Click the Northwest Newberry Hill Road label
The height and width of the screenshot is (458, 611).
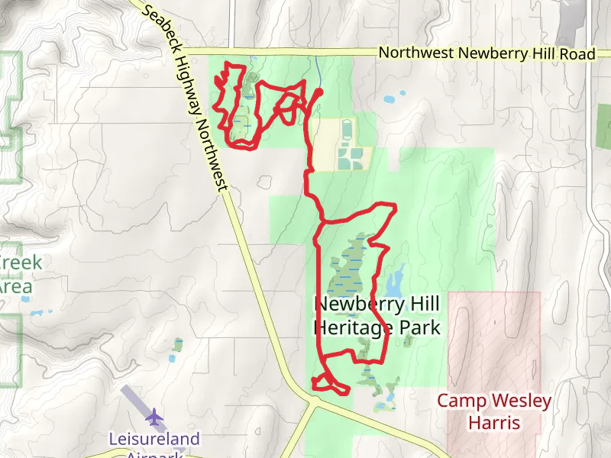(487, 53)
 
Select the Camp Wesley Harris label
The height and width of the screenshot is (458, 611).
(494, 411)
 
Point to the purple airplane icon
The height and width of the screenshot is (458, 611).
(155, 417)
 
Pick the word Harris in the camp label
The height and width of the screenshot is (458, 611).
(494, 422)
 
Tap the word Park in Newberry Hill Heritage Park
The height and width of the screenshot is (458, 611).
(424, 328)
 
